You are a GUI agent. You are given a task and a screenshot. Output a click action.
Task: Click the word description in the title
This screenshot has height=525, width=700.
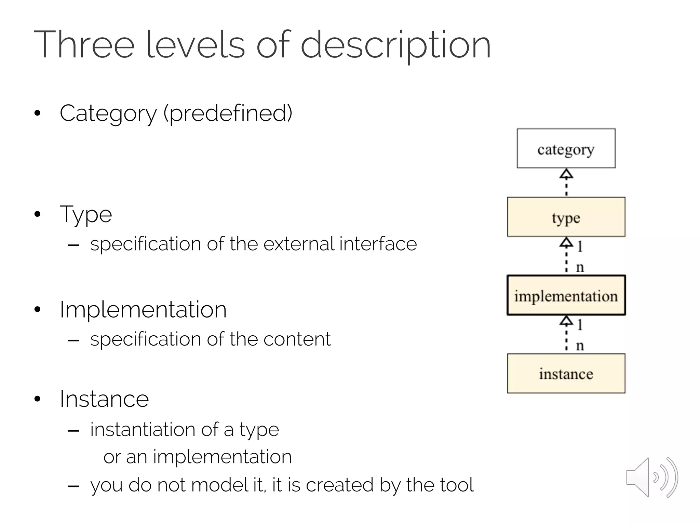click(395, 45)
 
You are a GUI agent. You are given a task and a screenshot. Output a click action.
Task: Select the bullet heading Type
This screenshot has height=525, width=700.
click(86, 215)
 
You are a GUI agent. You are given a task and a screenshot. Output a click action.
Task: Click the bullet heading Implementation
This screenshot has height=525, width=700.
click(143, 310)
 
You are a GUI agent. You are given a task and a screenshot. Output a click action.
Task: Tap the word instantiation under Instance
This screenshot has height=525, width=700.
click(143, 429)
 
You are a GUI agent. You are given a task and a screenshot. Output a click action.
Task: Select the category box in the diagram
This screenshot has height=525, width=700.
click(566, 148)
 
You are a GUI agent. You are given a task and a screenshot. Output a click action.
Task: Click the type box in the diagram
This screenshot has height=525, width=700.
click(566, 217)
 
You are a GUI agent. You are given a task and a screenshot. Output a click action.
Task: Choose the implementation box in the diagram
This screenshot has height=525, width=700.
click(566, 295)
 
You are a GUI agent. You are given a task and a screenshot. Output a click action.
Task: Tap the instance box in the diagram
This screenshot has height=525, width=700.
click(566, 374)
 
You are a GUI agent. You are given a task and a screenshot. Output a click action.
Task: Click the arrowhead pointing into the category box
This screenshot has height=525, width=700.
click(566, 174)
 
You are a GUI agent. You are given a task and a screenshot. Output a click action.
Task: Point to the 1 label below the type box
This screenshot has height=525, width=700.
click(579, 246)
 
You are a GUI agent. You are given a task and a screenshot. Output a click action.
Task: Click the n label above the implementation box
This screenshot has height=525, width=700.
click(580, 267)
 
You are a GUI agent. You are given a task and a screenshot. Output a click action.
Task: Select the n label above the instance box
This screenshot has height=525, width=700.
click(580, 346)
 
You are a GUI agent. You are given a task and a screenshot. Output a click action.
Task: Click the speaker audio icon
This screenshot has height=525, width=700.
click(651, 477)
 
